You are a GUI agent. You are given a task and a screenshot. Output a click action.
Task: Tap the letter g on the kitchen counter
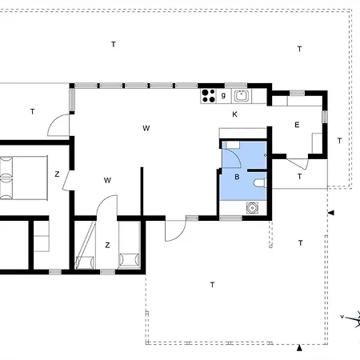(223, 95)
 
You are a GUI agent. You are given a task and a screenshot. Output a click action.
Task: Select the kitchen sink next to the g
(241, 96)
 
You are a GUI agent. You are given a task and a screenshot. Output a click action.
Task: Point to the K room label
(234, 115)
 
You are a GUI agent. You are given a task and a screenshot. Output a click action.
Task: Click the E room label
(296, 125)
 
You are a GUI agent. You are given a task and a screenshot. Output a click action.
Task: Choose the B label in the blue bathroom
(237, 176)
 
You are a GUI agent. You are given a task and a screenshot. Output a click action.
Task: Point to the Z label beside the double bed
(57, 174)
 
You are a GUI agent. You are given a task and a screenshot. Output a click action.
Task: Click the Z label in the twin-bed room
(106, 245)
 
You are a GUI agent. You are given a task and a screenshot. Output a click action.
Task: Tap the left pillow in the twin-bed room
(80, 259)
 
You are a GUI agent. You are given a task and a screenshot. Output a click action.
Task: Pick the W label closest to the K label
(147, 128)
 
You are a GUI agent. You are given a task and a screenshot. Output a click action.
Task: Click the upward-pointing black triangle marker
(298, 348)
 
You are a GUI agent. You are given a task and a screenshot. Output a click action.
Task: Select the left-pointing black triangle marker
(331, 213)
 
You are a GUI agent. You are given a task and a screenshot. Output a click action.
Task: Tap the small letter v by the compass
(342, 318)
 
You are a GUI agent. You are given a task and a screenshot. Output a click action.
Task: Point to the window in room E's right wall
(325, 117)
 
